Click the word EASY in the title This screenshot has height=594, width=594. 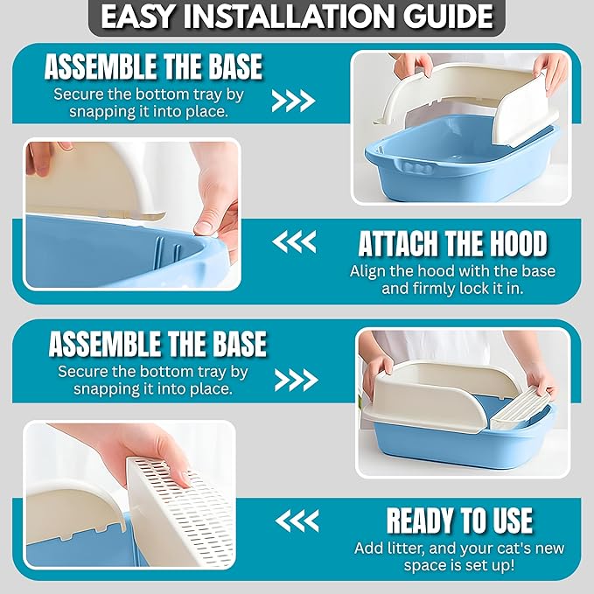pos(138,17)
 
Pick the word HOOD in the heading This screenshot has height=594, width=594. pos(518,243)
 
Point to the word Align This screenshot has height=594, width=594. pos(368,271)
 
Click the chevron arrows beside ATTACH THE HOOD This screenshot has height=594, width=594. pos(294,242)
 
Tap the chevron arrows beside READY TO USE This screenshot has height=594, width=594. pos(297,521)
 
